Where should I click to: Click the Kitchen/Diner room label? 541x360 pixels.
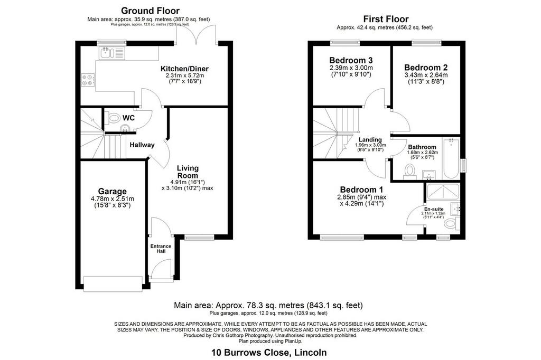(x=184, y=69)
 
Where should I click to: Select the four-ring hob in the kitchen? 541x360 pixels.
(x=87, y=80)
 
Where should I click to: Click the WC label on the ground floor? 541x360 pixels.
(x=128, y=118)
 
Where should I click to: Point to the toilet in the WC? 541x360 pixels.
(x=113, y=118)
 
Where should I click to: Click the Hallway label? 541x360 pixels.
(x=142, y=145)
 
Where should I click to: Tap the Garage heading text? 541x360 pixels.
(x=113, y=192)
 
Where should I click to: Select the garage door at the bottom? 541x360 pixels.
(x=113, y=283)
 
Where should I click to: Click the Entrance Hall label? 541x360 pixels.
(x=161, y=249)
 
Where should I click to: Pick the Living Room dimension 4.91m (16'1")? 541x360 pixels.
(x=188, y=182)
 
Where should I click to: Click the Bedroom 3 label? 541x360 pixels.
(x=351, y=60)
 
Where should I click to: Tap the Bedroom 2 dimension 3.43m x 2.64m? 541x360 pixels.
(x=426, y=75)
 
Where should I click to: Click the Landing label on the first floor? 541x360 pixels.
(x=370, y=140)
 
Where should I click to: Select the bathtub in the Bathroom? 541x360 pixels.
(x=452, y=158)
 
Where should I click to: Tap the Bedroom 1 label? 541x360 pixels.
(x=361, y=190)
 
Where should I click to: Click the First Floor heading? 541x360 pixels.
(x=386, y=20)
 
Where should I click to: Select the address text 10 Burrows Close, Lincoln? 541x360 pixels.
(x=269, y=353)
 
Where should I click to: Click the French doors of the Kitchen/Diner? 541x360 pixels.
(x=197, y=34)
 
